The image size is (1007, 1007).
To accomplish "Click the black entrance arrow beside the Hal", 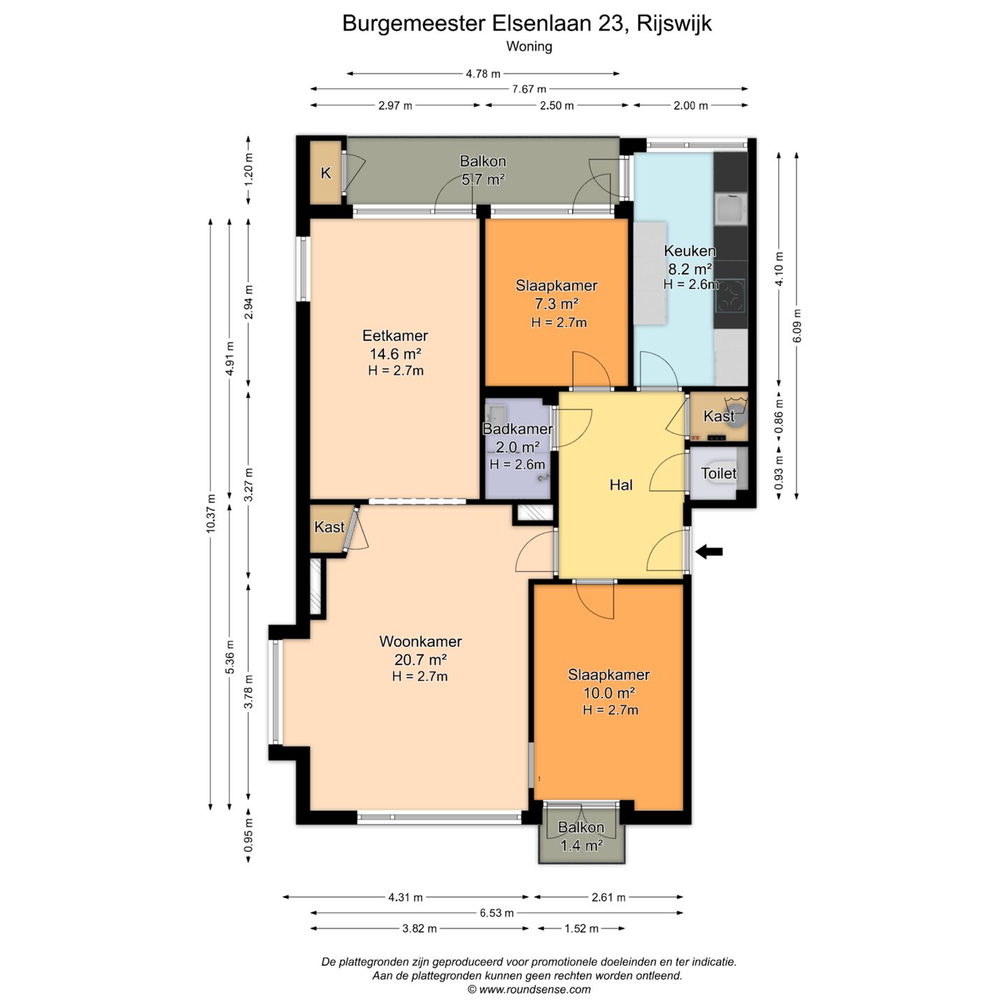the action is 709,551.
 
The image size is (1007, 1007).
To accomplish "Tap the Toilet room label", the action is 719,473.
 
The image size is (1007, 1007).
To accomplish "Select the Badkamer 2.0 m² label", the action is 517,438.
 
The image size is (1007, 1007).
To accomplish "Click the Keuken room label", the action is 690,250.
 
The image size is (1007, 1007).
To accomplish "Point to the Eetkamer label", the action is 395,336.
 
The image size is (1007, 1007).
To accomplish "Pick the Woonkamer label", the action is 421,641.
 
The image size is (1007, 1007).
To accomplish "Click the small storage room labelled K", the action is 326,173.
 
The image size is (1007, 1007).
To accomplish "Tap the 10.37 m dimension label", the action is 210,513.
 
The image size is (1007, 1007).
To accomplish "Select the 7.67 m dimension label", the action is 529,90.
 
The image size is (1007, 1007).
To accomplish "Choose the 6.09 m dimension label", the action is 797,326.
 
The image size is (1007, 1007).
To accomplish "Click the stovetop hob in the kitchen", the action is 731,297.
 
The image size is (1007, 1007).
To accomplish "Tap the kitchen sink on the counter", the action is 731,209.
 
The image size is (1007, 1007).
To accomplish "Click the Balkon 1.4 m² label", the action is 581,836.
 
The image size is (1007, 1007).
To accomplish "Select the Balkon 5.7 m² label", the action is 483,171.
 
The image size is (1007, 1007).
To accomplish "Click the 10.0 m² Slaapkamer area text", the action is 609,693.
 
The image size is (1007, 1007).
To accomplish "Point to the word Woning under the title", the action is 529,47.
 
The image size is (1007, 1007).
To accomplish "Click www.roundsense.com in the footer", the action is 534,990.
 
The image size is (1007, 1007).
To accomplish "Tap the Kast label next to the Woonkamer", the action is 329,527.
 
